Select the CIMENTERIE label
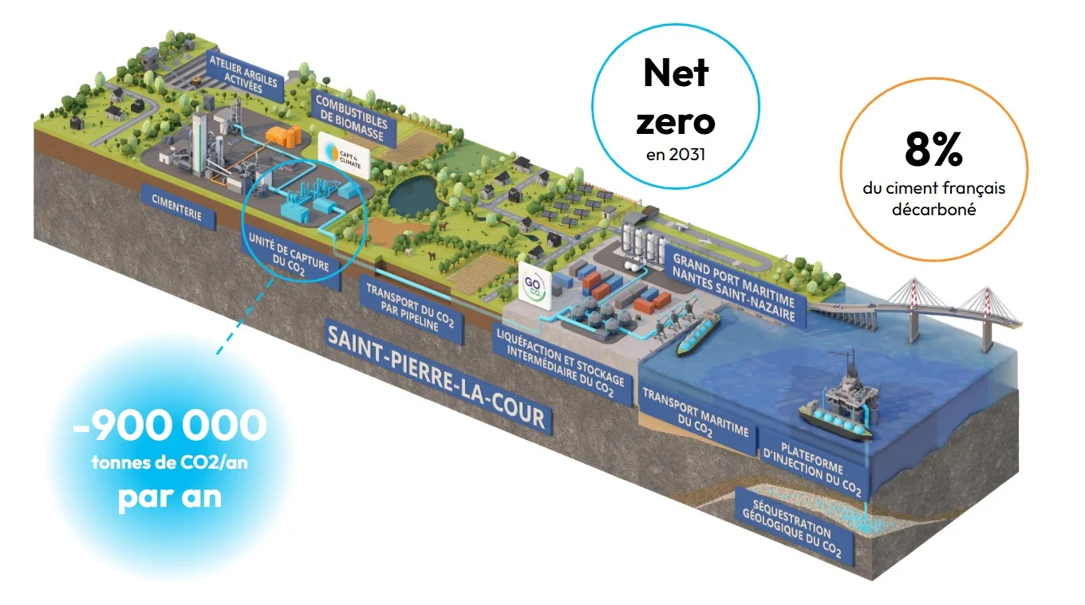[x=177, y=206]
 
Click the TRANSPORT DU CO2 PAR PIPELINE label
[x=410, y=308]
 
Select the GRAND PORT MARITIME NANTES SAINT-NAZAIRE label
[x=734, y=286]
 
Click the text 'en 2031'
[x=675, y=155]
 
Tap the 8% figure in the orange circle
[x=933, y=150]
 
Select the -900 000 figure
[x=170, y=426]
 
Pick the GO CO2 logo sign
[x=535, y=286]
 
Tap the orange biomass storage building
[x=285, y=135]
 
